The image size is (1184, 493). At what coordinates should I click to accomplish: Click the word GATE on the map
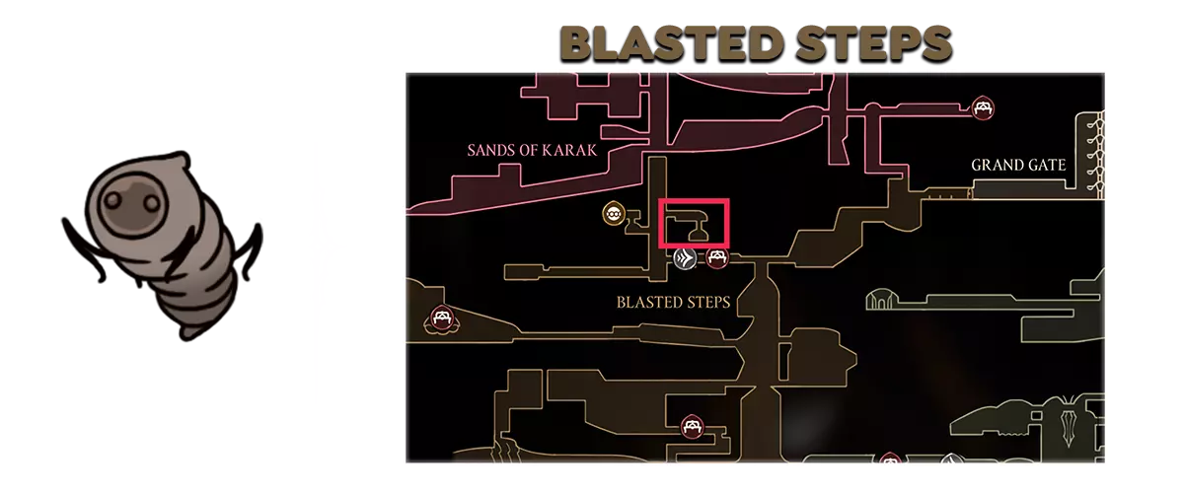coord(1044,166)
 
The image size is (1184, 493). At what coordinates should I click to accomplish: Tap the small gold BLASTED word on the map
coord(646,303)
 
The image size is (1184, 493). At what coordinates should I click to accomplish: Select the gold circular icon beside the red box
coord(614,214)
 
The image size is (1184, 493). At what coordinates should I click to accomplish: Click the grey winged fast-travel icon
coord(685,259)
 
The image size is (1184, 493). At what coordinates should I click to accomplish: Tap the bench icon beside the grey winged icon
coord(717,258)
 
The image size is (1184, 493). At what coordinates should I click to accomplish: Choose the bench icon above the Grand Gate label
coord(983,107)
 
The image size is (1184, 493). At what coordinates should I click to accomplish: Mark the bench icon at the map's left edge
coord(441,319)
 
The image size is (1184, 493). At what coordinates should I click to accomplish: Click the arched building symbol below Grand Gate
coord(879,299)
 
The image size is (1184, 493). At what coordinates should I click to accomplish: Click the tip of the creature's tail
coord(186,335)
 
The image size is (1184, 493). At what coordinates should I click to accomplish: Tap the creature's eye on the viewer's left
coord(112,200)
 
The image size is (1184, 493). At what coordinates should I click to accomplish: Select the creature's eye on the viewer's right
coord(151,202)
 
